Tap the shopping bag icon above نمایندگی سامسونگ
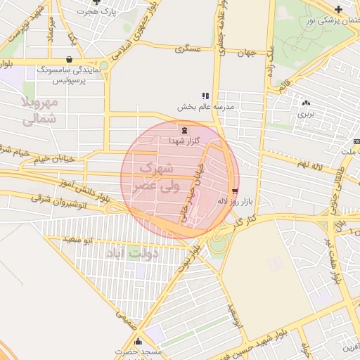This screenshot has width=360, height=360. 69,60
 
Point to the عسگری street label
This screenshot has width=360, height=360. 188,49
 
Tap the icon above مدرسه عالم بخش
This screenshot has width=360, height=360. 205,96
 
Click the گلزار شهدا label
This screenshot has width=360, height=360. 184,141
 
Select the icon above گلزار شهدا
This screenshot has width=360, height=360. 184,130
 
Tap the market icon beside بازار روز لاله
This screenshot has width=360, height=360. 235,191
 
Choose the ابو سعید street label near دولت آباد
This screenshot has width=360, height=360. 78,240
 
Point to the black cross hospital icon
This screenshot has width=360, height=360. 339,9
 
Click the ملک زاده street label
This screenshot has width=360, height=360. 268,63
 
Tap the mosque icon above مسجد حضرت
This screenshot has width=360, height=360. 138,340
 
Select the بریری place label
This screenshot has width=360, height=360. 306,112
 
